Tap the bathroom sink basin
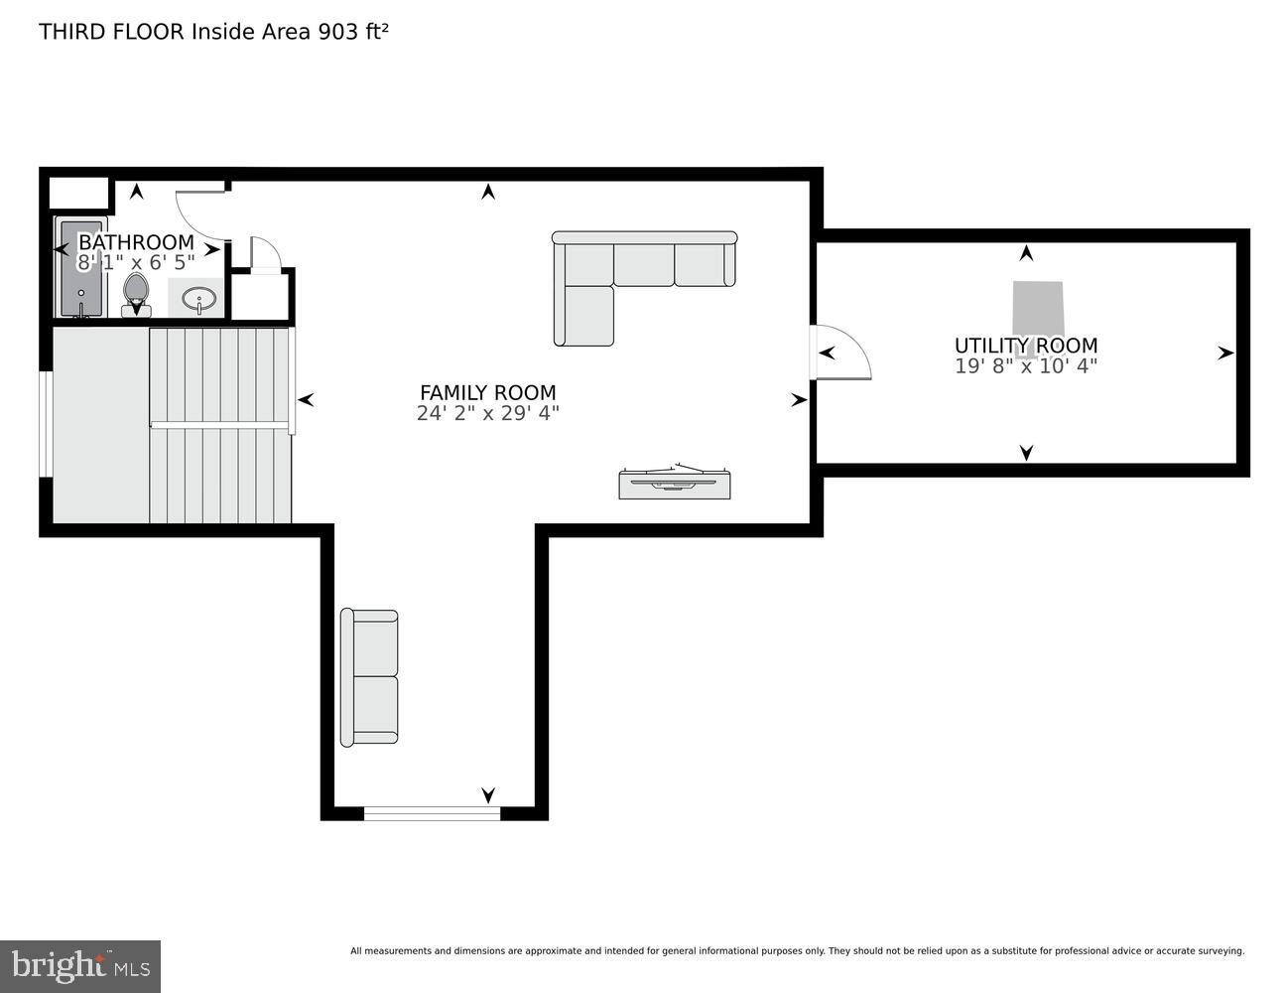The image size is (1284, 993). tap(199, 298)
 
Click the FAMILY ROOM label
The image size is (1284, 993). tap(487, 392)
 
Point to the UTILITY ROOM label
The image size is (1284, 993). tap(1025, 346)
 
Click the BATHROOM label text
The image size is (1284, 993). tap(136, 242)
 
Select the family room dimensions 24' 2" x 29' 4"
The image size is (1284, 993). tap(487, 413)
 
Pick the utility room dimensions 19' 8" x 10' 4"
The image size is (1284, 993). tap(1025, 365)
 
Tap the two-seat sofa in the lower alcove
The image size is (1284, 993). tap(369, 677)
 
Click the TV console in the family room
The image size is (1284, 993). tap(674, 483)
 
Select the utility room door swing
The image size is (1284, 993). tap(843, 354)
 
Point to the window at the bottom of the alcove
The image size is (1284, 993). tap(432, 813)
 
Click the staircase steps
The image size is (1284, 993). tap(220, 425)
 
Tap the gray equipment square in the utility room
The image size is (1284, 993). tap(1037, 310)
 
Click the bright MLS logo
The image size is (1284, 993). tap(80, 965)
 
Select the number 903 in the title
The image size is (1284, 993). tap(338, 31)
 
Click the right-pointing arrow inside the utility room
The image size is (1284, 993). tap(1225, 353)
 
